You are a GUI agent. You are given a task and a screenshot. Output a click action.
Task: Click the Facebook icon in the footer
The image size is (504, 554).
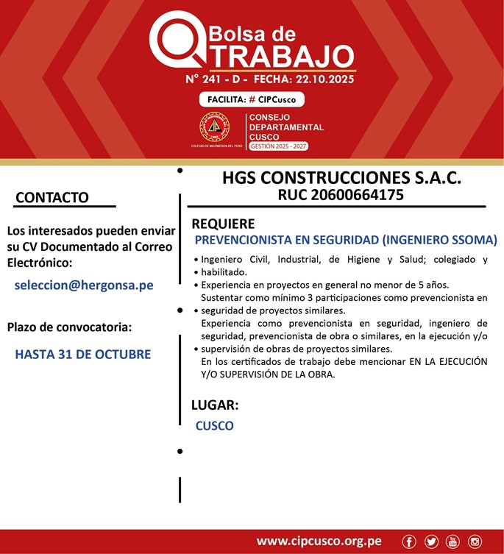409,541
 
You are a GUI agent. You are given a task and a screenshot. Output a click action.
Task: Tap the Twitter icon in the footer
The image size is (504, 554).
431,541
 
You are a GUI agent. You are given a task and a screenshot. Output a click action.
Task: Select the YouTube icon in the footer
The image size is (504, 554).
452,541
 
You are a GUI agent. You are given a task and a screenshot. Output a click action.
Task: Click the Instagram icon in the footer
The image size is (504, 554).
475,541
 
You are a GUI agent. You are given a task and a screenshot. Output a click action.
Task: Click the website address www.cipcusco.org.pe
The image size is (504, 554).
319,541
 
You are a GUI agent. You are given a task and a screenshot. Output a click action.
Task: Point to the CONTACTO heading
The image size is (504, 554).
52,197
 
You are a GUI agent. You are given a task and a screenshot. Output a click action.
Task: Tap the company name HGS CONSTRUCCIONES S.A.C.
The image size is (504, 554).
341,178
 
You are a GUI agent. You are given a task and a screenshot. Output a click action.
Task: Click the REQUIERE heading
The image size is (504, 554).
223,224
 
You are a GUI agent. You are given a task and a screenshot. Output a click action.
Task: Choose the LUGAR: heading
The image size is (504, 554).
215,405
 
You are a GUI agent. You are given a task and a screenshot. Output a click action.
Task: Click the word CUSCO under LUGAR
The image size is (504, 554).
214,425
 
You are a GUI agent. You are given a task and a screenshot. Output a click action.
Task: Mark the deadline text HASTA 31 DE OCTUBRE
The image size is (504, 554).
82,354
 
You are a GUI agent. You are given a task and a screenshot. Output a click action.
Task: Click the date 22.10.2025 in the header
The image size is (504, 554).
323,79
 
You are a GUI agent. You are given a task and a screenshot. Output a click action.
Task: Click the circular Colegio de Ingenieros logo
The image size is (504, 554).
215,127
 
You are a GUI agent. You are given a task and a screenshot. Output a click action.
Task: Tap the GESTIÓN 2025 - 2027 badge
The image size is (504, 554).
278,146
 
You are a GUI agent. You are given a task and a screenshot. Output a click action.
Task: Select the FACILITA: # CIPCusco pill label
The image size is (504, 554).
252,99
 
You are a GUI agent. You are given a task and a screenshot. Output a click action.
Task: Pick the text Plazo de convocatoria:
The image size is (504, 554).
69,327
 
